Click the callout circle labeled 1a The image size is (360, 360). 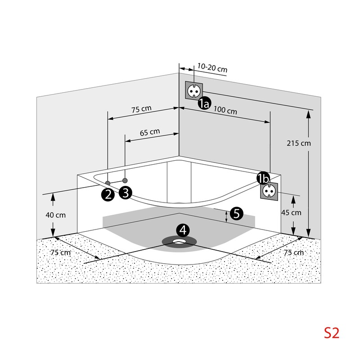pyautogui.click(x=204, y=103)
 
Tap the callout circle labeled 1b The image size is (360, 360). pyautogui.click(x=263, y=178)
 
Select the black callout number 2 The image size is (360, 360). pyautogui.click(x=108, y=195)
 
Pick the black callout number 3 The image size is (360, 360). pyautogui.click(x=126, y=193)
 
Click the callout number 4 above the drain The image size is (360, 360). pyautogui.click(x=183, y=230)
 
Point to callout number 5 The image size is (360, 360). pyautogui.click(x=236, y=214)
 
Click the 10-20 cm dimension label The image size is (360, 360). pyautogui.click(x=212, y=68)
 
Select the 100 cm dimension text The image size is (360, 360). pyautogui.click(x=225, y=110)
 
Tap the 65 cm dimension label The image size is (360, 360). pyautogui.click(x=150, y=132)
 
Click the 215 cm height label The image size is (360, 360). pyautogui.click(x=298, y=143)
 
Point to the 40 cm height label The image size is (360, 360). pyautogui.click(x=55, y=215)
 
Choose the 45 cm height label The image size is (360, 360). pyautogui.click(x=291, y=212)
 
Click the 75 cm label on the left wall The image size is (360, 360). pyautogui.click(x=141, y=109)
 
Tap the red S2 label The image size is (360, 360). pyautogui.click(x=332, y=333)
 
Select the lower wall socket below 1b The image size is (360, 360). pyautogui.click(x=269, y=191)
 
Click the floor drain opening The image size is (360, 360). pyautogui.click(x=179, y=242)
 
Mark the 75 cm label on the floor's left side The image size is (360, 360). pyautogui.click(x=61, y=252)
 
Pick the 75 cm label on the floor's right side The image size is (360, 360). pyautogui.click(x=294, y=253)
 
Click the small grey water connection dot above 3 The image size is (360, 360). pyautogui.click(x=125, y=180)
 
